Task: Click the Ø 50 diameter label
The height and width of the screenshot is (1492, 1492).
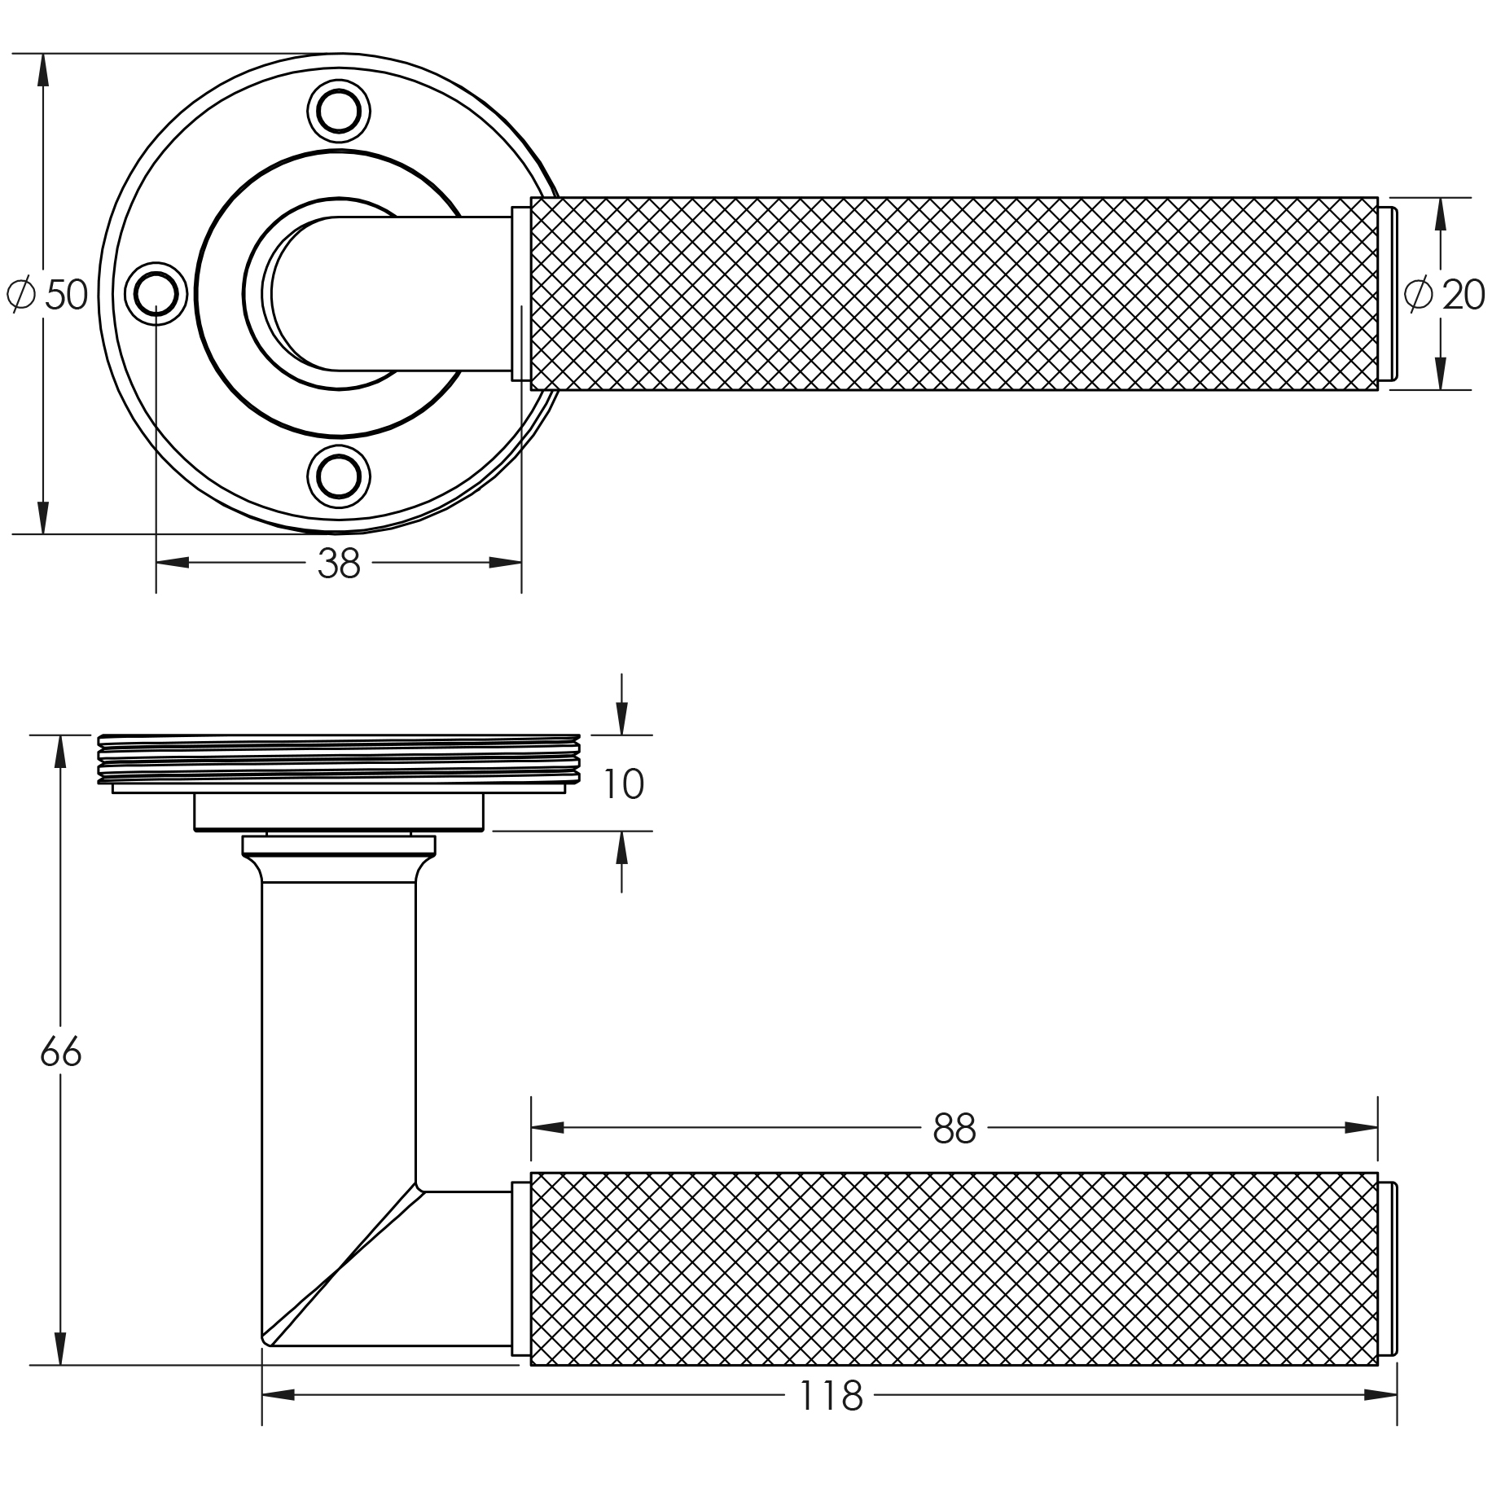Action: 47,294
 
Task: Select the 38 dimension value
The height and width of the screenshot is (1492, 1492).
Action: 338,563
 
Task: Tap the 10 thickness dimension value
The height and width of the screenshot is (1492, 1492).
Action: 623,784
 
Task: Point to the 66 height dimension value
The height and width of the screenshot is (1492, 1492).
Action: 61,1052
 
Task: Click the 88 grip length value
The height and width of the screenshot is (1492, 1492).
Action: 954,1129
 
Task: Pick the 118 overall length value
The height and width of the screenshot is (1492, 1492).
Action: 830,1396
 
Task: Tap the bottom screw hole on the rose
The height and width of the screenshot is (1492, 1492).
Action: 339,475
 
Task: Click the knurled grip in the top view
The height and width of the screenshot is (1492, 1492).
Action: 953,293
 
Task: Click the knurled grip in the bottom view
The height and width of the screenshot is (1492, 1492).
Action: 953,1269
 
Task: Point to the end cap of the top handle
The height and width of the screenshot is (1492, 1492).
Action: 1387,293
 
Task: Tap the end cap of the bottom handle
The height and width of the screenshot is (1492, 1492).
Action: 1387,1269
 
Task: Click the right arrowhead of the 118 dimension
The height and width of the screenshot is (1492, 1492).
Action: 1381,1395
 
